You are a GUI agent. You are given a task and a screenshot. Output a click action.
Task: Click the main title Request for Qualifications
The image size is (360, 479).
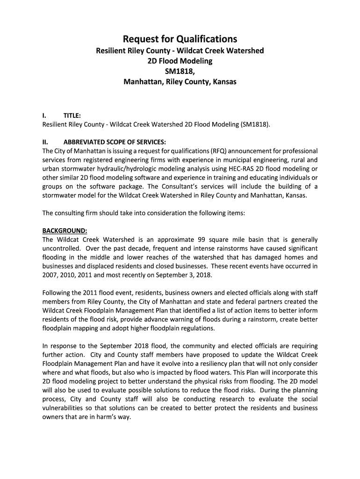click(180, 39)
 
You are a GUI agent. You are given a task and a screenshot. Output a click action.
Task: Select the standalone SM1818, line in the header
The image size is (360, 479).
click(180, 71)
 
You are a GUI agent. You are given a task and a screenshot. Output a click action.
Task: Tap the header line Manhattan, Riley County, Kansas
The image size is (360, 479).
click(180, 82)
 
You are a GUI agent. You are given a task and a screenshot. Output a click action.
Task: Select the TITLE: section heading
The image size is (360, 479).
click(72, 115)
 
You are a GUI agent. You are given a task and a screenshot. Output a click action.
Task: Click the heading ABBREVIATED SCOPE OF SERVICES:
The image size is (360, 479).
click(115, 142)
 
